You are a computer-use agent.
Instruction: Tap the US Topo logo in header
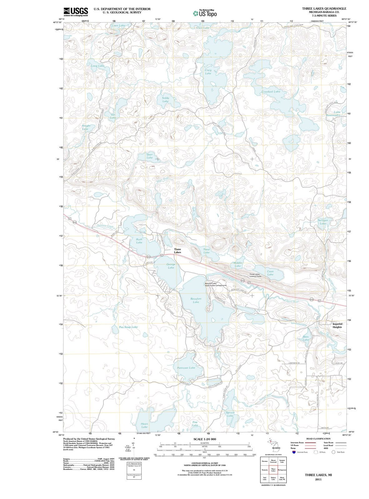click(205, 13)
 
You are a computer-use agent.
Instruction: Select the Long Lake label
click(98, 66)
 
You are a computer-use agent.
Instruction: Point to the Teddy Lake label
click(165, 99)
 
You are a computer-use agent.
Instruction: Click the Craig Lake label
click(208, 72)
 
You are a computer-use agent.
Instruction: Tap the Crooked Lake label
click(271, 92)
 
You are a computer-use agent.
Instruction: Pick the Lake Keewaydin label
click(334, 114)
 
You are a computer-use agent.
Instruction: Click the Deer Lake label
click(150, 156)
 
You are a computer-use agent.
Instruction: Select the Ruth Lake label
click(139, 241)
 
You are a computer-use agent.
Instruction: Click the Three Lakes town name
click(177, 251)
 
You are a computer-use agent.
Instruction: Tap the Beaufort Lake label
click(196, 300)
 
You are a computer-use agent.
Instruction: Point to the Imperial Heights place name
click(337, 325)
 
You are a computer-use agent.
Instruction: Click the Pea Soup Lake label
click(128, 327)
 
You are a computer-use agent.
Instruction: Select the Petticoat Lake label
click(186, 368)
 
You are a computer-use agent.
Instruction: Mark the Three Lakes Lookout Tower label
click(255, 275)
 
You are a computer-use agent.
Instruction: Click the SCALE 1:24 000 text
click(205, 439)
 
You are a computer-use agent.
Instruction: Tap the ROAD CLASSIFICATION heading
click(318, 438)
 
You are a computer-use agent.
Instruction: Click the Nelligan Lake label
click(323, 222)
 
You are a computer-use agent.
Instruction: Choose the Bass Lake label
click(306, 338)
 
